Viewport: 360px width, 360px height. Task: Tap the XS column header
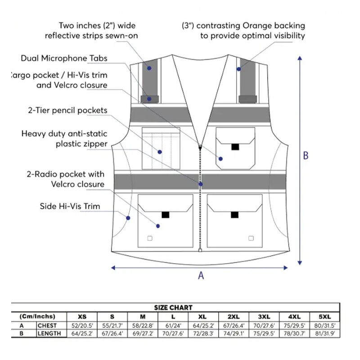click(x=82, y=317)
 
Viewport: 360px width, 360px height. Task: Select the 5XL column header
click(x=324, y=317)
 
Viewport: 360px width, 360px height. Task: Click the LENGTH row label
click(x=49, y=334)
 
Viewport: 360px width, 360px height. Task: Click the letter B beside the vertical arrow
click(x=306, y=156)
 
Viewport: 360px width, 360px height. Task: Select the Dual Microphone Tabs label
click(x=64, y=58)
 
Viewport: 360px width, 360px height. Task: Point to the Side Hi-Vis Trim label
click(x=70, y=207)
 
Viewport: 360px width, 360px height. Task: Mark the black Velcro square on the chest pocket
click(x=234, y=147)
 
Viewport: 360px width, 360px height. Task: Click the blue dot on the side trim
click(x=128, y=218)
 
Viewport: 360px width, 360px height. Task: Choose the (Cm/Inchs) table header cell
click(x=38, y=317)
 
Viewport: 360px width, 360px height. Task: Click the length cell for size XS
click(x=82, y=334)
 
